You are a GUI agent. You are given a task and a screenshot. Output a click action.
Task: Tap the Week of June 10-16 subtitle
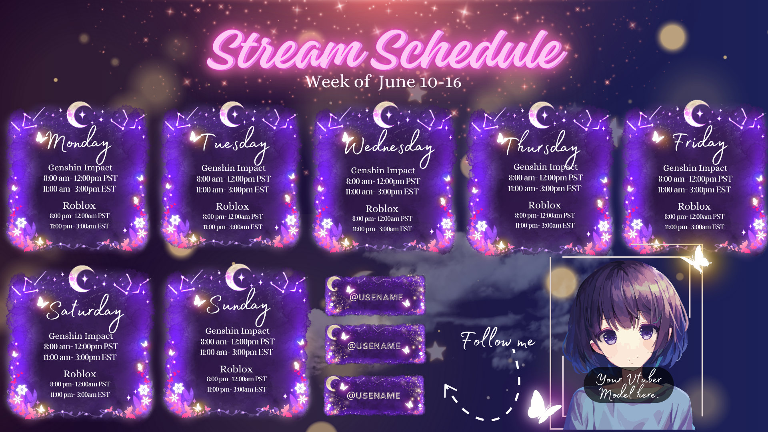(x=383, y=82)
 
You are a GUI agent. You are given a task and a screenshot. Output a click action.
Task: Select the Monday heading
(x=78, y=142)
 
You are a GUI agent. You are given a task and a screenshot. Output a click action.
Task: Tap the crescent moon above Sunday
(x=238, y=277)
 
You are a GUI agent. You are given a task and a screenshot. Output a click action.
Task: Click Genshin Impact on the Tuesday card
(x=233, y=168)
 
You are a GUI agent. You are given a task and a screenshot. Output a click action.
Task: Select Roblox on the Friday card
(x=694, y=206)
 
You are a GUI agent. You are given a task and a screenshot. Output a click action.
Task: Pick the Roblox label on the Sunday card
(x=236, y=369)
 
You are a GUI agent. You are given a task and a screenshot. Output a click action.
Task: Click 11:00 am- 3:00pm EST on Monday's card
(x=80, y=189)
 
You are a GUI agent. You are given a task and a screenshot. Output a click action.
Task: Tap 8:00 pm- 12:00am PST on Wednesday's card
(x=382, y=219)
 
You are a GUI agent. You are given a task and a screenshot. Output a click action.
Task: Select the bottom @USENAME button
(x=374, y=395)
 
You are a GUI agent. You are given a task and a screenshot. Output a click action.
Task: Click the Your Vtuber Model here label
(x=628, y=386)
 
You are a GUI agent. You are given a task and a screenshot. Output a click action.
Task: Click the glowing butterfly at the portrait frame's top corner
(x=698, y=259)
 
